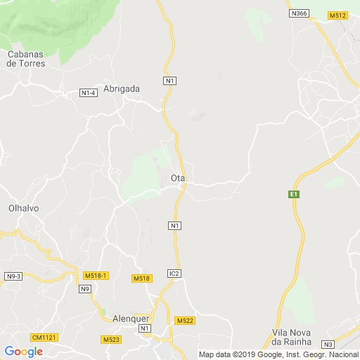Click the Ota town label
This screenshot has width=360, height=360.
click(x=178, y=179)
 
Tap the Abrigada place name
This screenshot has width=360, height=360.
click(x=122, y=89)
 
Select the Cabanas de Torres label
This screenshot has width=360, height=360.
click(x=26, y=58)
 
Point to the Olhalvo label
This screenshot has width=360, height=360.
click(x=23, y=209)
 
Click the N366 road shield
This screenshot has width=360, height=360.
click(x=299, y=13)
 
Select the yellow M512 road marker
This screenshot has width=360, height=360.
click(x=337, y=15)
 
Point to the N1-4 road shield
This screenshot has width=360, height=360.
click(x=88, y=93)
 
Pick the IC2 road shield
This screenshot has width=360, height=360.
click(x=174, y=273)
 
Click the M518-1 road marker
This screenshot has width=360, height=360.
click(x=95, y=276)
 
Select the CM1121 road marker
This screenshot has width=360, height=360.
click(x=44, y=337)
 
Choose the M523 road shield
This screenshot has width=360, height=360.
click(x=110, y=340)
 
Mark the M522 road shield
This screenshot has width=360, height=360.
click(x=185, y=321)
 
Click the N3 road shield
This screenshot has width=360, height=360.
click(x=328, y=344)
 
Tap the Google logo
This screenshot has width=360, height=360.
click(x=23, y=352)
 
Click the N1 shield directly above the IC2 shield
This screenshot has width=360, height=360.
click(x=175, y=225)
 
